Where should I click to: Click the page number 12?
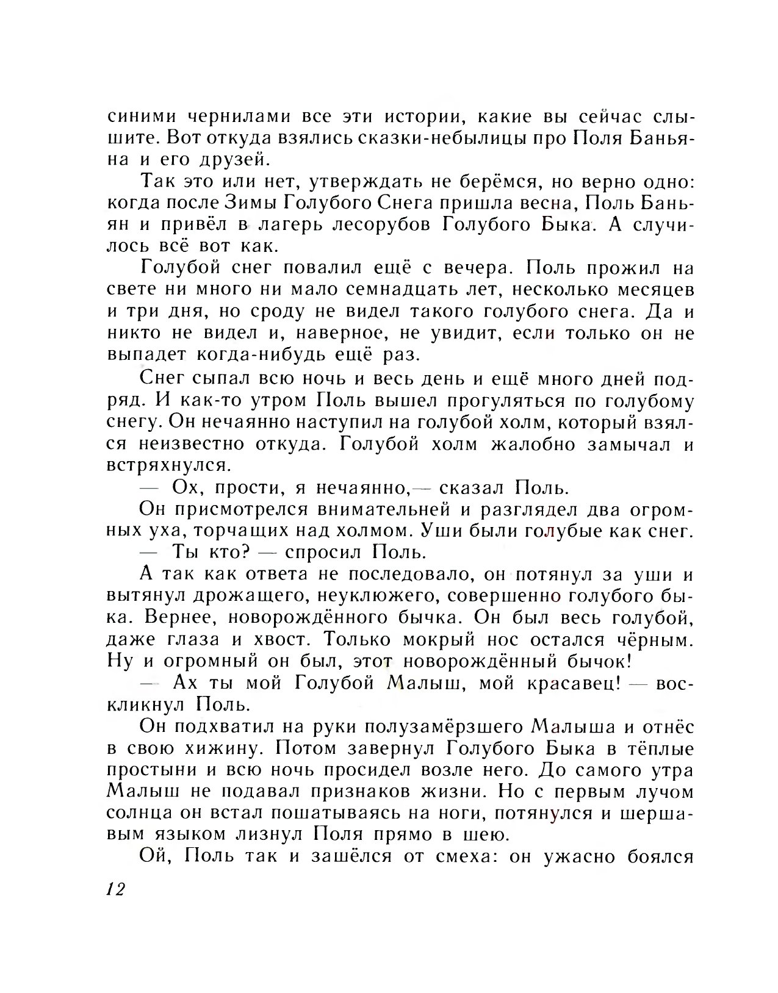115,890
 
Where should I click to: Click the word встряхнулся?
169,467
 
